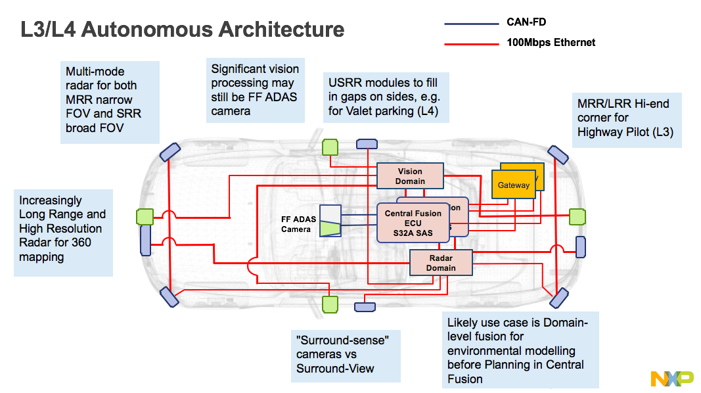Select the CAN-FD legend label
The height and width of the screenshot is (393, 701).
pos(526,22)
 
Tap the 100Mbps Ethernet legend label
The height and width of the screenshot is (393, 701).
pos(551,42)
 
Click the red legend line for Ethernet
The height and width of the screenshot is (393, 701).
pos(471,44)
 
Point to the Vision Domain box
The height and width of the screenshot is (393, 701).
pos(410,176)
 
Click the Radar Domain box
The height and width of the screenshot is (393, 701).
pos(441,263)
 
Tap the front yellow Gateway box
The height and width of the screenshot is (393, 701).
pos(513,185)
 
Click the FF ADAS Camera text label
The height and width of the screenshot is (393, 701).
pos(296,224)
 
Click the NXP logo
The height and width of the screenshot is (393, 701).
pos(671,379)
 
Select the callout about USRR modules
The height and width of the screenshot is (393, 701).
pos(386,97)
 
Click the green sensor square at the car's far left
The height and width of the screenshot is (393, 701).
pos(144,217)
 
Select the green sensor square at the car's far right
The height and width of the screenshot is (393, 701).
pos(577,216)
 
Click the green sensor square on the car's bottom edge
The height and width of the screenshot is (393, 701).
pos(330,304)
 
